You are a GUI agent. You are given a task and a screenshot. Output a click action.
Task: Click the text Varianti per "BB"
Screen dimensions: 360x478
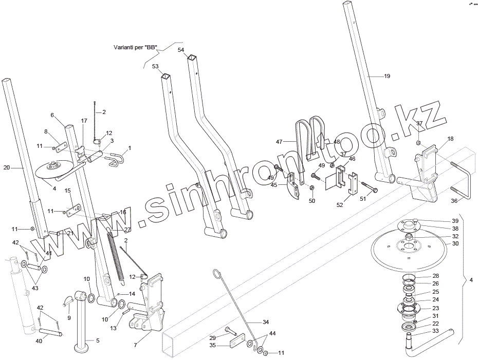(x=135, y=47)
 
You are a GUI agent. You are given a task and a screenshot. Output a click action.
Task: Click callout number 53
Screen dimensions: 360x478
(x=155, y=66)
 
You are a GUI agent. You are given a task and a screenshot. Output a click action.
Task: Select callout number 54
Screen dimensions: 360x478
(x=181, y=50)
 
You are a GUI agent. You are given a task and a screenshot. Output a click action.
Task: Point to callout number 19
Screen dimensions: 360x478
(x=387, y=76)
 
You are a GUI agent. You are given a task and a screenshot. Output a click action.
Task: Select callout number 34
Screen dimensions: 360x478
(x=265, y=322)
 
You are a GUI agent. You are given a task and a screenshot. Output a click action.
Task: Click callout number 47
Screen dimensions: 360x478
(x=279, y=141)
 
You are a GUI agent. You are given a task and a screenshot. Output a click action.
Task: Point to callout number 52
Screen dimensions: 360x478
(x=339, y=205)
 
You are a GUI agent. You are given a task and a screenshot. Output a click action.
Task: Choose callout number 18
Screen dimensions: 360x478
(x=450, y=139)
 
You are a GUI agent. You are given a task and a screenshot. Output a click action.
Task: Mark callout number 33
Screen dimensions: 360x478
(x=435, y=331)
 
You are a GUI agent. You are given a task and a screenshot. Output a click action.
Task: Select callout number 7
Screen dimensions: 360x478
(x=136, y=345)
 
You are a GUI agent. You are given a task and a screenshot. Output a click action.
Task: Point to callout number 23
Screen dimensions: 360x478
(x=435, y=308)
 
